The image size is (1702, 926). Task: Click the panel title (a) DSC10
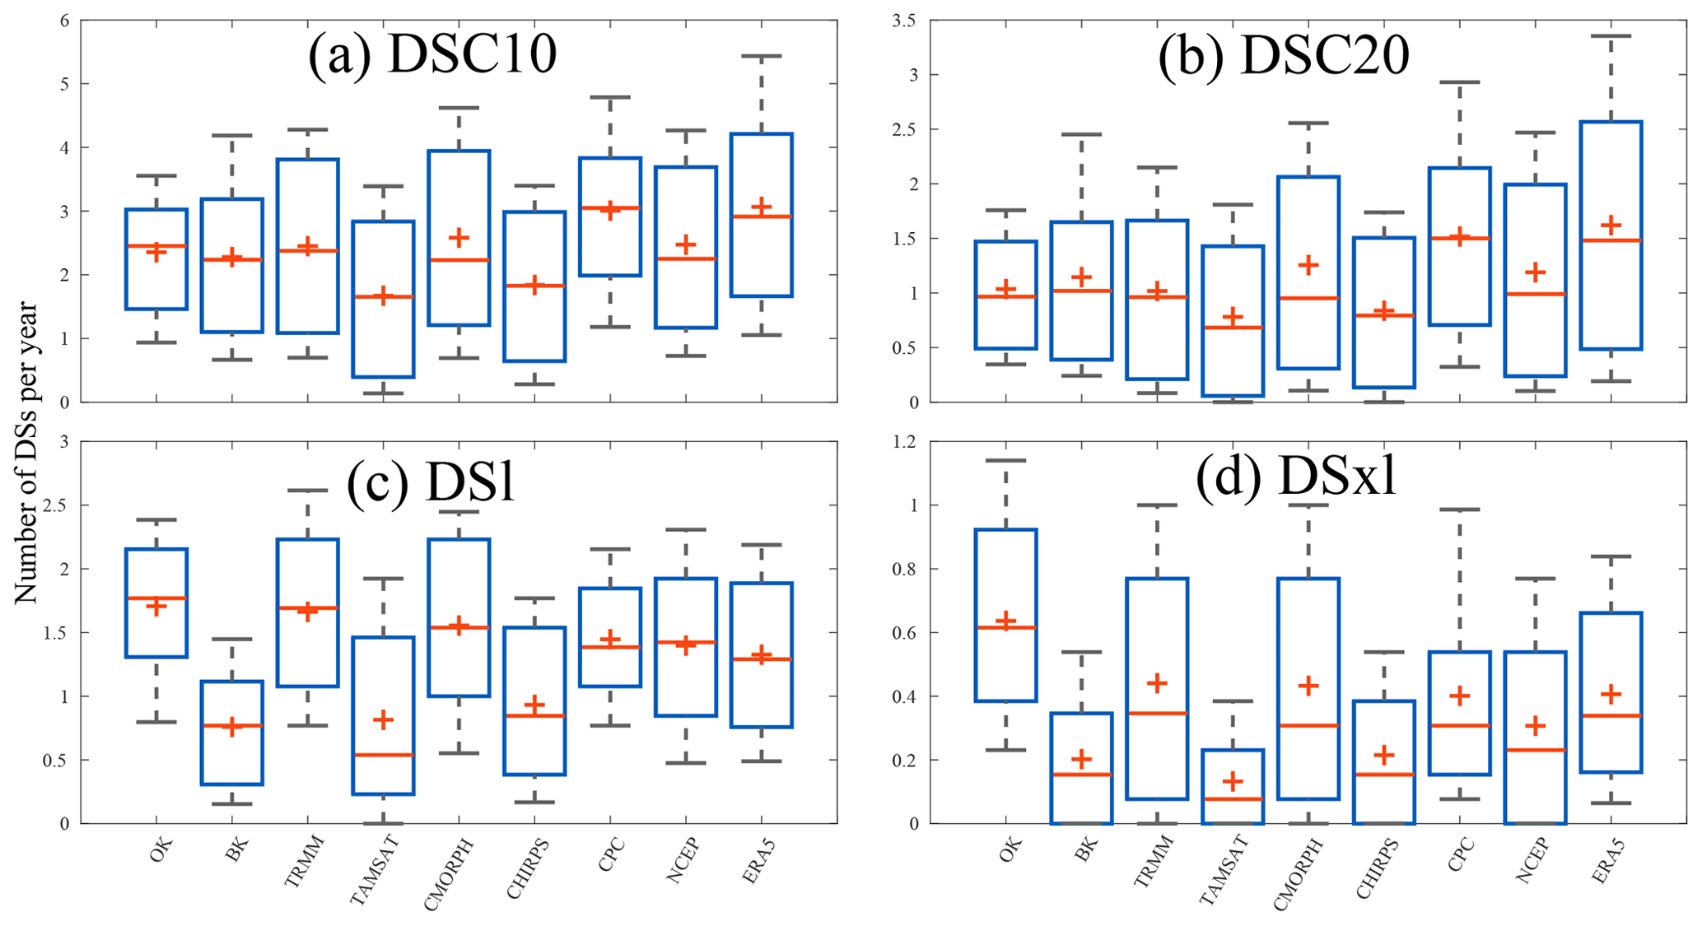[x=432, y=56]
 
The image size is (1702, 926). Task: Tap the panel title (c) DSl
[x=431, y=480]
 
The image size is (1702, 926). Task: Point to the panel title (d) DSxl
[x=1296, y=477]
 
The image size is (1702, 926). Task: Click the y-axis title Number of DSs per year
[x=26, y=453]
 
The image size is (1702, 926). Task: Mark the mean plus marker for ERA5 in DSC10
[x=762, y=205]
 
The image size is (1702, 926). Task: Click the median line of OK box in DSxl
[x=1005, y=627]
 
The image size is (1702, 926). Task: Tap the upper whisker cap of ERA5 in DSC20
[x=1611, y=36]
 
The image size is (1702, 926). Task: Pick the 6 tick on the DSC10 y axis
[x=64, y=21]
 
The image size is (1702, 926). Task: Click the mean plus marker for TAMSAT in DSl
[x=383, y=720]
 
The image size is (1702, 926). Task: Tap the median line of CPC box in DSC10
[x=610, y=207]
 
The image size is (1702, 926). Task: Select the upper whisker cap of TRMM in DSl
[x=308, y=491]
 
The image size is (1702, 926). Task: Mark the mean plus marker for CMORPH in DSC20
[x=1308, y=265]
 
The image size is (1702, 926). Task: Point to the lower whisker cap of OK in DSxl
[x=1005, y=750]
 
